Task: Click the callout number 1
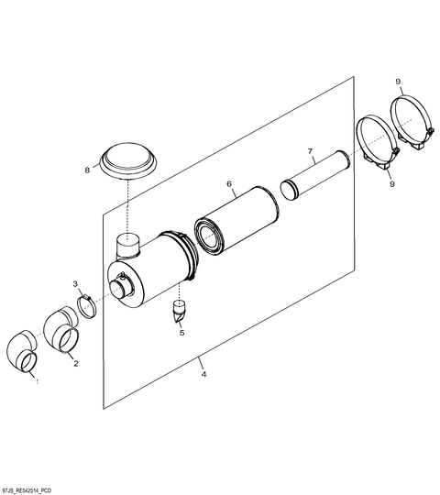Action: point(38,381)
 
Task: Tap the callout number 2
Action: point(76,363)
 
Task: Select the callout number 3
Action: point(75,284)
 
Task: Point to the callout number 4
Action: point(204,374)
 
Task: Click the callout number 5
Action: point(181,333)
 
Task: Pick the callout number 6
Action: point(229,183)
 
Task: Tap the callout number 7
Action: point(310,151)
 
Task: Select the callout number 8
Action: point(87,170)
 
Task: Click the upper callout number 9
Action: point(398,82)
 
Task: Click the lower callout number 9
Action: point(392,183)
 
